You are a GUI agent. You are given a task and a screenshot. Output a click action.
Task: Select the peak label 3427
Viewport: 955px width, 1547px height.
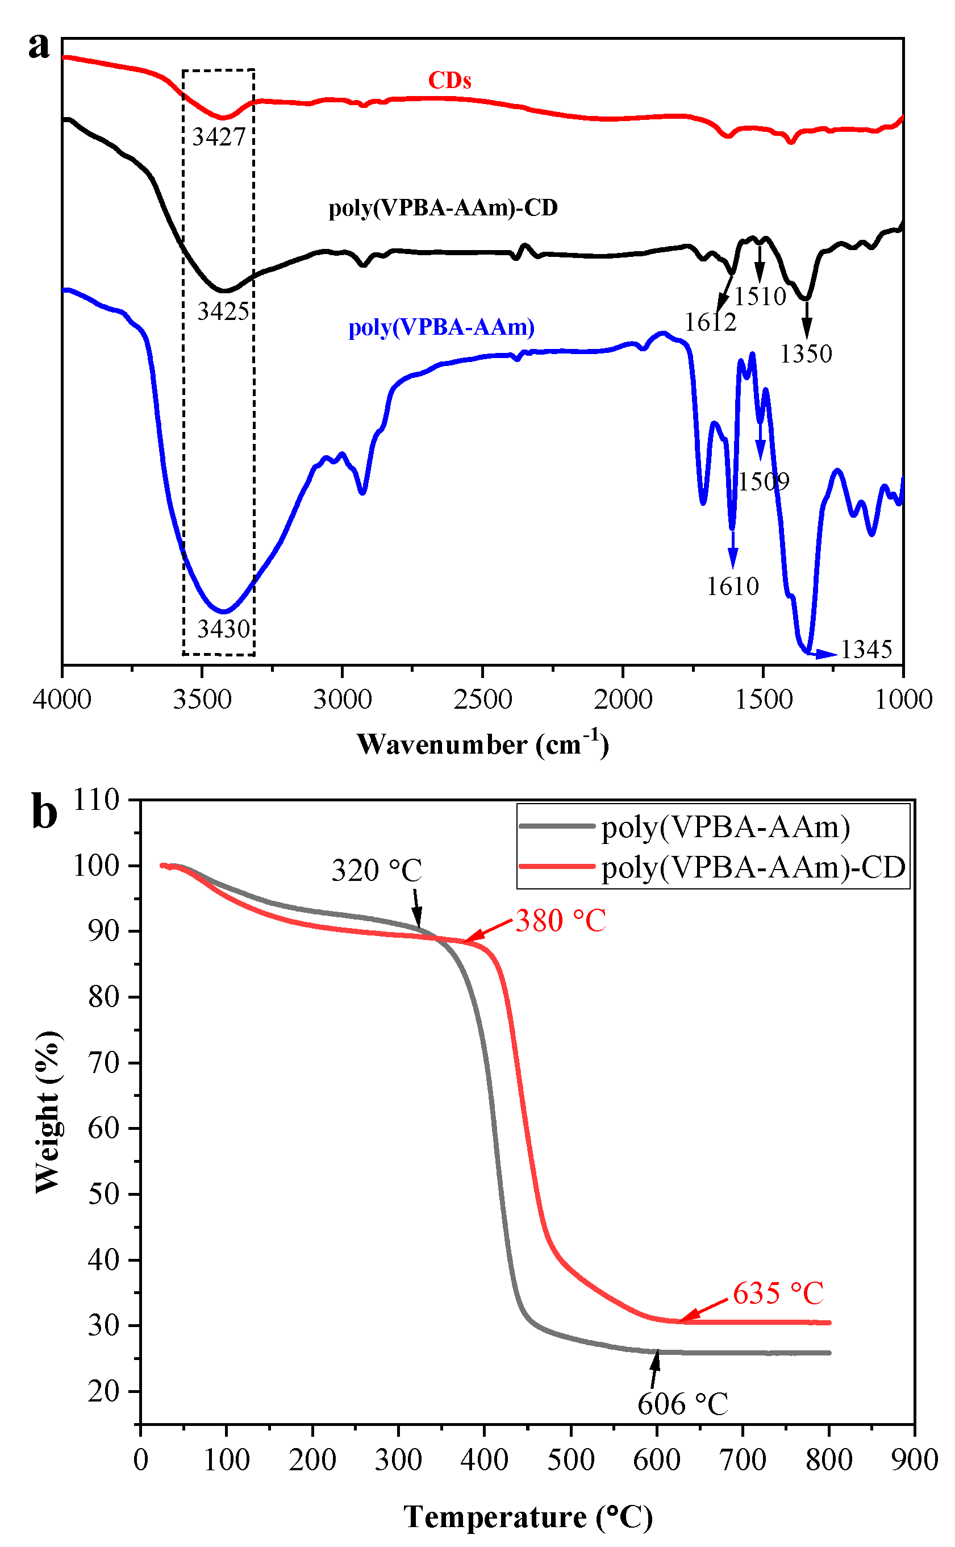coord(219,137)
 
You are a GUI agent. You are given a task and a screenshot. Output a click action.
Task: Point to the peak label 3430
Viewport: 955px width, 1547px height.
coord(224,629)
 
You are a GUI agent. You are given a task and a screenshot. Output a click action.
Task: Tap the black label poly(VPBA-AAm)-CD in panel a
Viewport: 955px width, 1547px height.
coord(443,208)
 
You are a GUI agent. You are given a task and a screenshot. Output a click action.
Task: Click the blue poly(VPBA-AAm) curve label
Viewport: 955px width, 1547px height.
coord(441,327)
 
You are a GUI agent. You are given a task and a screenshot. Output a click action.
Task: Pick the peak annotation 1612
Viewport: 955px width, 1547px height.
coord(711,323)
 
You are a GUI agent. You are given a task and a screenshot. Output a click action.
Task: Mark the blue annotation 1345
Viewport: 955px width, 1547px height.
coord(866,650)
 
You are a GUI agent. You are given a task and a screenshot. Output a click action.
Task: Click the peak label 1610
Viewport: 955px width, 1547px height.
coord(732,587)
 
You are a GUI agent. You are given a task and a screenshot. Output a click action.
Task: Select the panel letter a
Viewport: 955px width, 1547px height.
coord(39,45)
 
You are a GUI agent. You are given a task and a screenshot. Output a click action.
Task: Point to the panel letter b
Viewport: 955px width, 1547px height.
coord(44,814)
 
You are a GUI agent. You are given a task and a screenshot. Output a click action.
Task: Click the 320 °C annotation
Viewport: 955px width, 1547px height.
coord(377,871)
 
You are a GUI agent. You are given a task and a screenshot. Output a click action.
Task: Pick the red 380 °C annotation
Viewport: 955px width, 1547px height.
coord(561,921)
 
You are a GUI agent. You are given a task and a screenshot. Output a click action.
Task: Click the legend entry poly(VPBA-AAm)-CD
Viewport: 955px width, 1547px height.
coord(753,868)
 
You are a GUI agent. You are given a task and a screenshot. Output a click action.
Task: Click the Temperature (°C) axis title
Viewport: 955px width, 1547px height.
coord(528,1517)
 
